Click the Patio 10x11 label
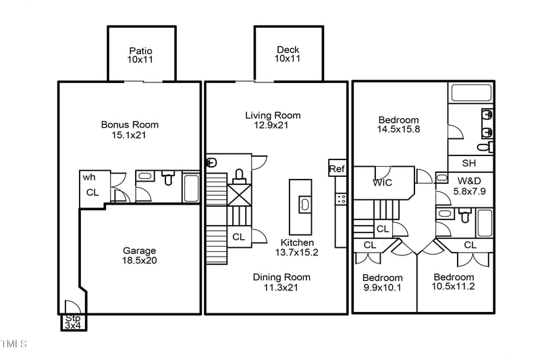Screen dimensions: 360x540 coord(140,55)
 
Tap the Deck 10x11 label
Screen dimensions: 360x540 coord(288,55)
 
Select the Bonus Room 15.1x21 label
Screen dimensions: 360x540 coord(130,130)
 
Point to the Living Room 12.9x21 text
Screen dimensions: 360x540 coord(273,121)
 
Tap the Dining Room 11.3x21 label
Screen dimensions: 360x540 coord(281,282)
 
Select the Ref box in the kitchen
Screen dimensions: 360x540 coord(336,168)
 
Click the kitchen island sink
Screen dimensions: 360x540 coord(304,203)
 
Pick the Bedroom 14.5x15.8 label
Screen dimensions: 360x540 coord(398,125)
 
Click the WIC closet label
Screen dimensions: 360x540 coord(382,182)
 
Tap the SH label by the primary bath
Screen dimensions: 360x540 coord(468,163)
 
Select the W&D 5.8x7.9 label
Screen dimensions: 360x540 coord(470,186)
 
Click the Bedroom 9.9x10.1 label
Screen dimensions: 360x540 coord(382,283)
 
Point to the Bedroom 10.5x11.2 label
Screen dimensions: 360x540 coord(454,282)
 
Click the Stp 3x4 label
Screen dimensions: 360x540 coord(72,322)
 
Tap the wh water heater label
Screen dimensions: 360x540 coord(88,177)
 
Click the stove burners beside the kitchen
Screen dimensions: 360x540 coord(342,199)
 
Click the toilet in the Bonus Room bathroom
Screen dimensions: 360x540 coord(169,179)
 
